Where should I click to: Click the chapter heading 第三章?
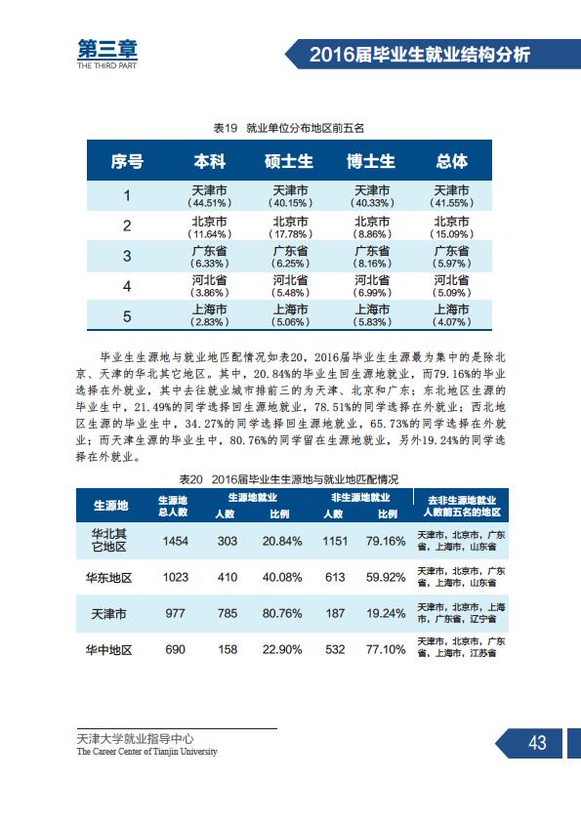point(107,50)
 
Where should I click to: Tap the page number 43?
point(537,743)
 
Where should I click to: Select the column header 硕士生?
point(288,161)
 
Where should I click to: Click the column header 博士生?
point(371,161)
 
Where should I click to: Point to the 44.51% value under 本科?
point(209,203)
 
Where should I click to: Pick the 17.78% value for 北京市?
point(290,233)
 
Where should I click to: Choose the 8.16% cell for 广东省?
point(372,264)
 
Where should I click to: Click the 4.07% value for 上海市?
point(451,322)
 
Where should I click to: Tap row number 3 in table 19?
point(127,256)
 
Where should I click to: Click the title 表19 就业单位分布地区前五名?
point(289,128)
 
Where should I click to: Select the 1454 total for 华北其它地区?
point(175,541)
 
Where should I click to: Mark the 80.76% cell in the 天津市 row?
point(282,613)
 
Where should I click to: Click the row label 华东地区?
point(109,578)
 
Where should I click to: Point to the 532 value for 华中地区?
point(335,649)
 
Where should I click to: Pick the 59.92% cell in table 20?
point(386,577)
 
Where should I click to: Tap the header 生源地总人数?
point(173,506)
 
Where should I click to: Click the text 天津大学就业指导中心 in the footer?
point(136,739)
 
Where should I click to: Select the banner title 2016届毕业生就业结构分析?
point(420,55)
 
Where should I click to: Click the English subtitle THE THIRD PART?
point(107,65)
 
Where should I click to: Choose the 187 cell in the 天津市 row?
point(335,613)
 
